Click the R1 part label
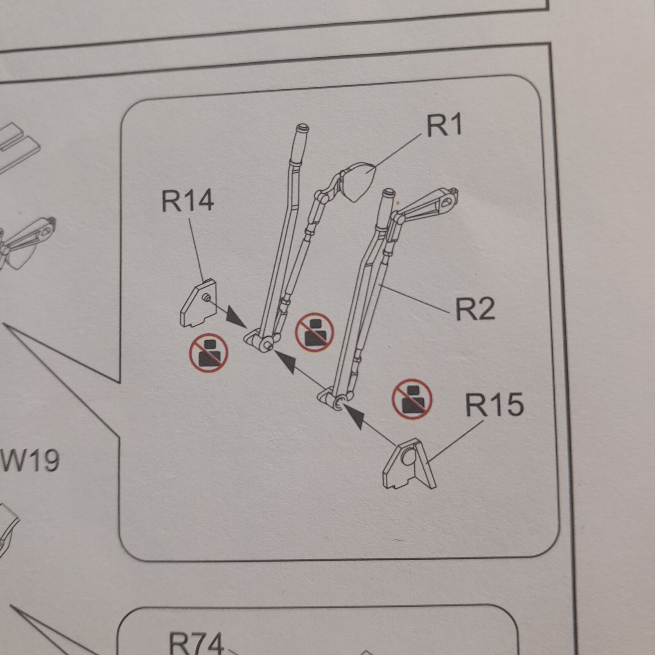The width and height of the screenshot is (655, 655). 444,125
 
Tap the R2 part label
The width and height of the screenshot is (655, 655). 475,309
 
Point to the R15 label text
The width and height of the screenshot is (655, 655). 495,404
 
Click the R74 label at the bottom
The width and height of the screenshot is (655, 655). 196,643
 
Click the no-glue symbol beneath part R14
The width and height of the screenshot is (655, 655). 208,353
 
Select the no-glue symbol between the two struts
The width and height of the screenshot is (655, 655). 314,333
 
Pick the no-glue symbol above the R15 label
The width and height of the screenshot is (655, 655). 412,399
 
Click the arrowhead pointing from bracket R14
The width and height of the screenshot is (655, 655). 237,317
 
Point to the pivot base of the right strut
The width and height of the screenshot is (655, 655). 335,400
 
